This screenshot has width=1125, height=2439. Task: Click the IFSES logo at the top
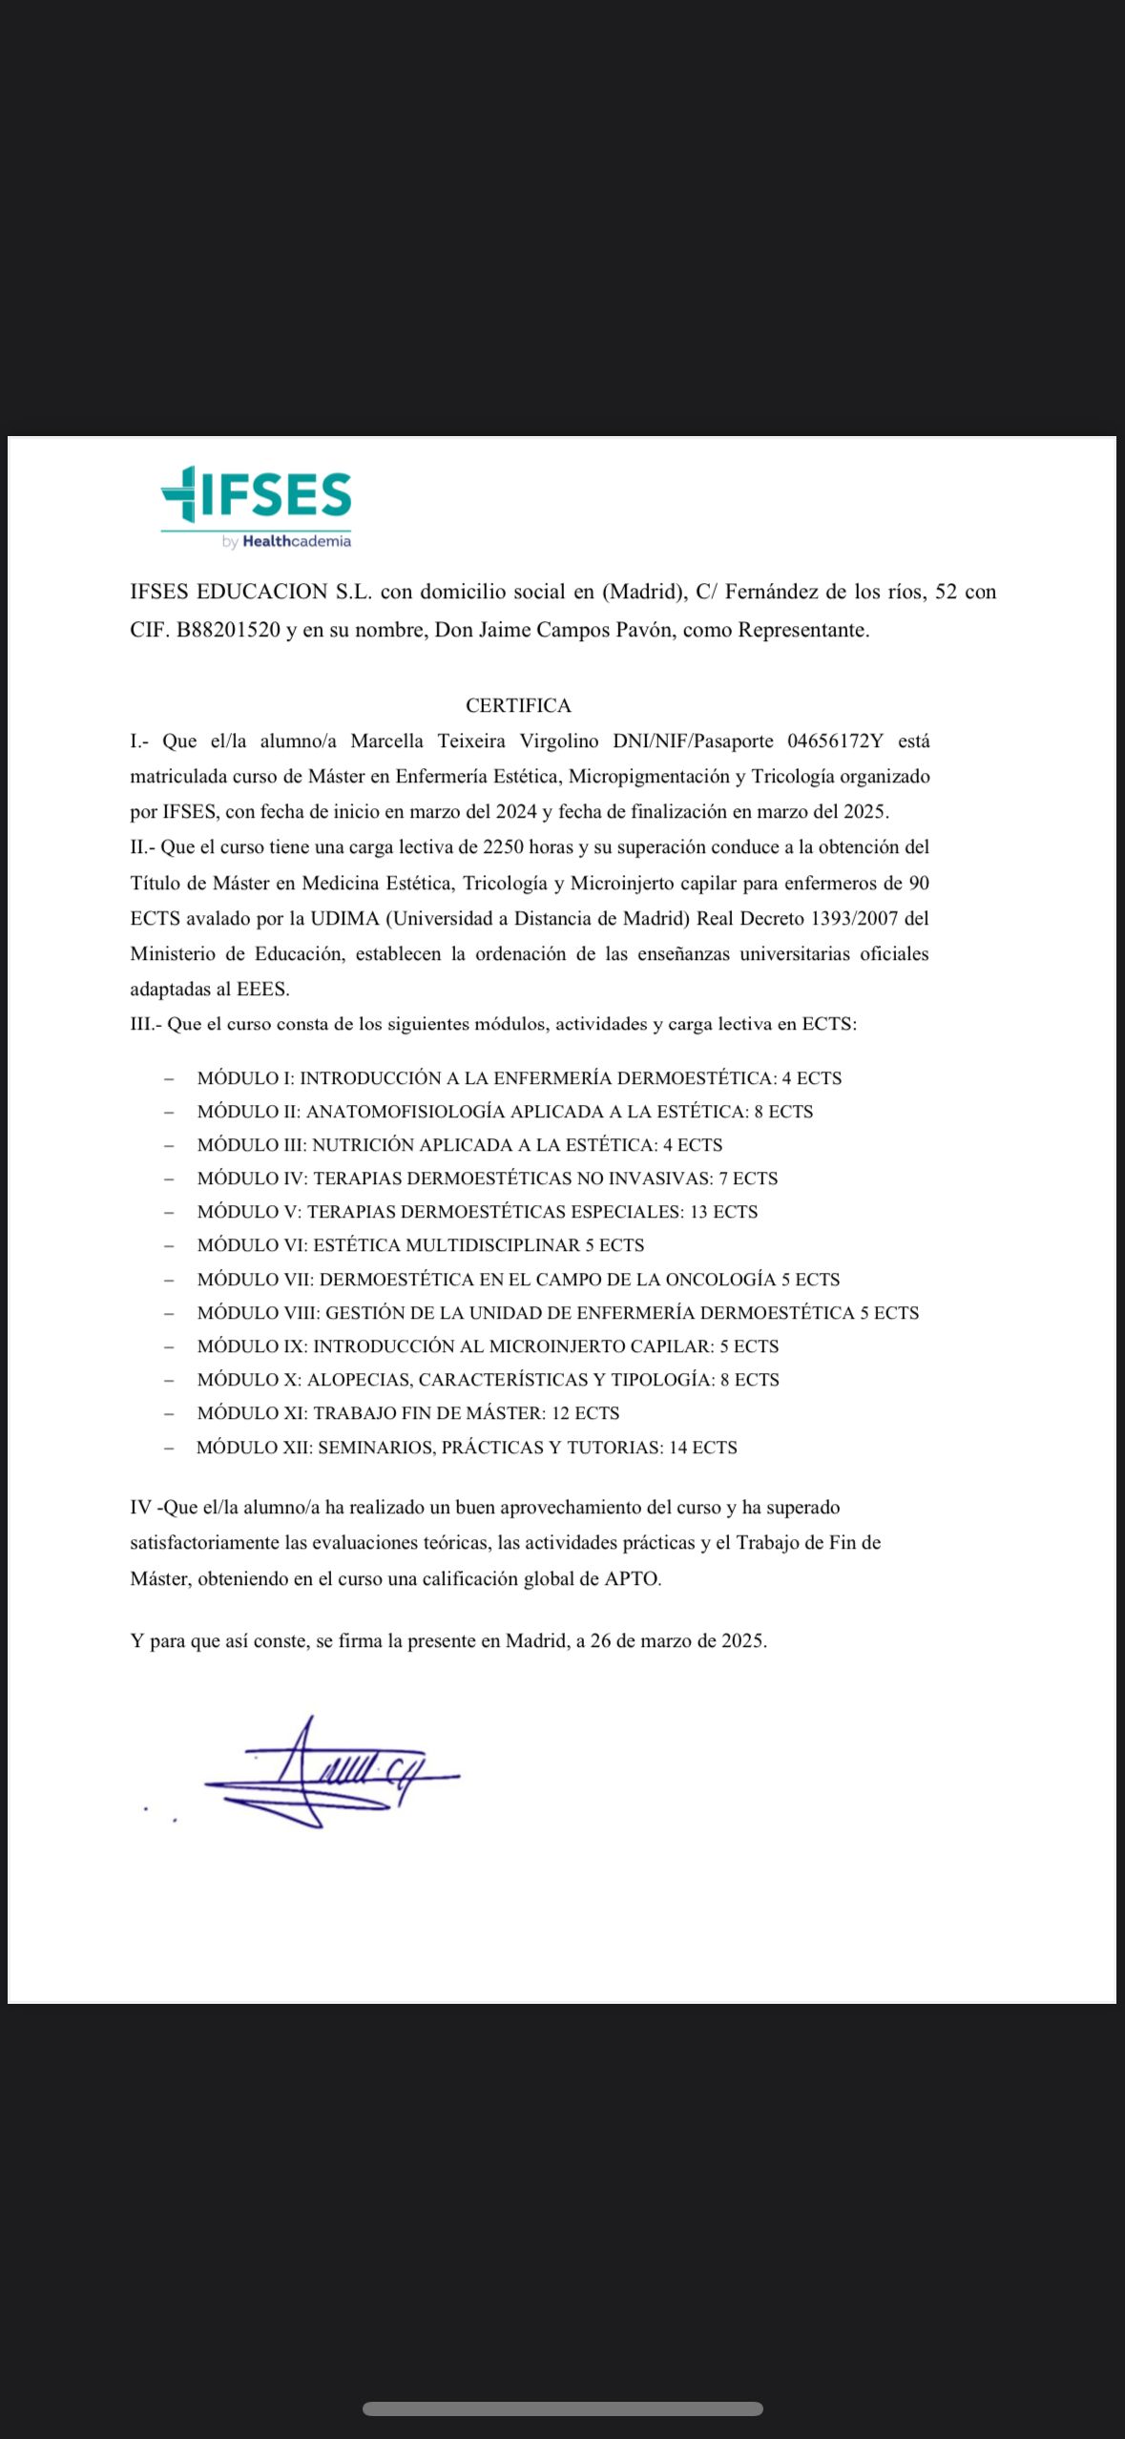pos(256,496)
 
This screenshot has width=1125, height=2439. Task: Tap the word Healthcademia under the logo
pos(297,541)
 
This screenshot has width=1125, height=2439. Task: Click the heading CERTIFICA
pos(518,705)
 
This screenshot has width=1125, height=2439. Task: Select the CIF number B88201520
pos(228,630)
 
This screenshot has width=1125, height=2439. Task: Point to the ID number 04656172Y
pos(835,740)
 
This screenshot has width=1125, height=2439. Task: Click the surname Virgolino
pos(558,740)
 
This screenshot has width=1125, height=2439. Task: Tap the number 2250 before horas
pos(504,846)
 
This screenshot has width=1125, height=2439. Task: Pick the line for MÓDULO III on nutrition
pos(459,1144)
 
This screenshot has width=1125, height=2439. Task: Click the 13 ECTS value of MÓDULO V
pos(723,1211)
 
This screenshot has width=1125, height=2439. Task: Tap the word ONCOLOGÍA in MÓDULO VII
pos(720,1279)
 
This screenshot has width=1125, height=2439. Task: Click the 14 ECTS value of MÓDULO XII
pos(702,1447)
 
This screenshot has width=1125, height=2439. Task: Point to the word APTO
pos(632,1578)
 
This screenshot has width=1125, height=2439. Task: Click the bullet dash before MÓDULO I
pos(169,1078)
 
